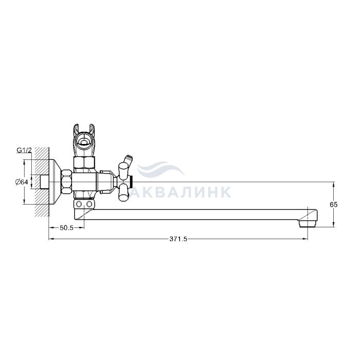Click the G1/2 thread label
click(x=24, y=150)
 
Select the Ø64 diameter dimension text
click(x=22, y=182)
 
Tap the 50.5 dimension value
click(x=66, y=227)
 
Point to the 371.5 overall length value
click(x=178, y=239)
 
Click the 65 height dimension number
click(x=334, y=205)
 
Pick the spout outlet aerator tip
click(x=308, y=223)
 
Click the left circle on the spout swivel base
click(x=79, y=204)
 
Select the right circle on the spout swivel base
click(x=89, y=204)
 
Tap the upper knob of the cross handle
click(x=123, y=170)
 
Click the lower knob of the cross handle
click(x=124, y=191)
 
